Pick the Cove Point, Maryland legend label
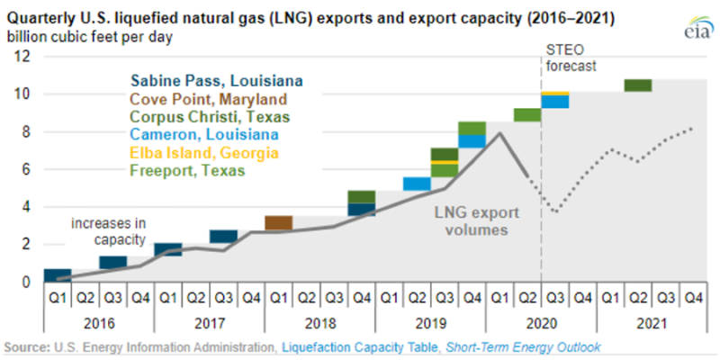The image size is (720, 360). tap(208, 99)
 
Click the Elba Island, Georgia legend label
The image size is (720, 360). tap(204, 153)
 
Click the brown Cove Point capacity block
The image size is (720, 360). tap(278, 222)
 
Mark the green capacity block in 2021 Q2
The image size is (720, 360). tap(637, 85)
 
